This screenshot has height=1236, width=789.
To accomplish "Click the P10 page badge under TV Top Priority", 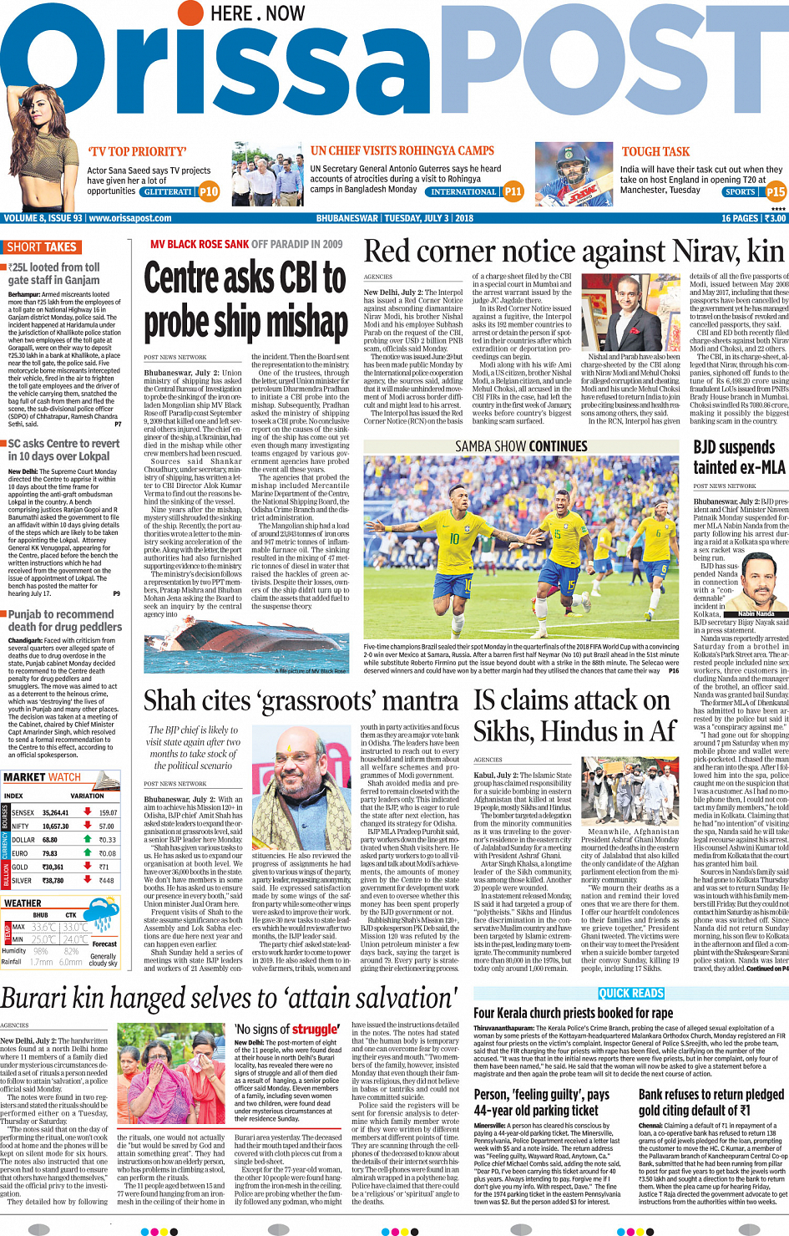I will pos(209,191).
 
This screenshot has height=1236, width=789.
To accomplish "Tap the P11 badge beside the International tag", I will pos(513,191).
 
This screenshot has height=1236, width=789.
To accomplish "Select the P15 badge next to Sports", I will pos(776,191).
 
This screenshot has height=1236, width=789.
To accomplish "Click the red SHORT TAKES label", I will pos(42,247).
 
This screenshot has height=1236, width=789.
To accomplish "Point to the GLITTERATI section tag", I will pos(167,192).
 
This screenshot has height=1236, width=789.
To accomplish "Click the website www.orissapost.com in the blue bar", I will pos(130,218).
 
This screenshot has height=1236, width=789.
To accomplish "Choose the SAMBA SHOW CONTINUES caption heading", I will pos(521,446).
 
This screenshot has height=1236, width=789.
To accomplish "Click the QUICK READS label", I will pos(631,994).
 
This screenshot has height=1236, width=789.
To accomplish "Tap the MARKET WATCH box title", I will pos(42,777).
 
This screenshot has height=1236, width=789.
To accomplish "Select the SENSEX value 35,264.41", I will pos(56,812).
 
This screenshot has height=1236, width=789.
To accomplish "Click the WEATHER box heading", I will pos(23,903).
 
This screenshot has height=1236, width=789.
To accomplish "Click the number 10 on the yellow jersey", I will pos(454,539).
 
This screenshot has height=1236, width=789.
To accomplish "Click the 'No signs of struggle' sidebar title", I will pos(286,1030).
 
